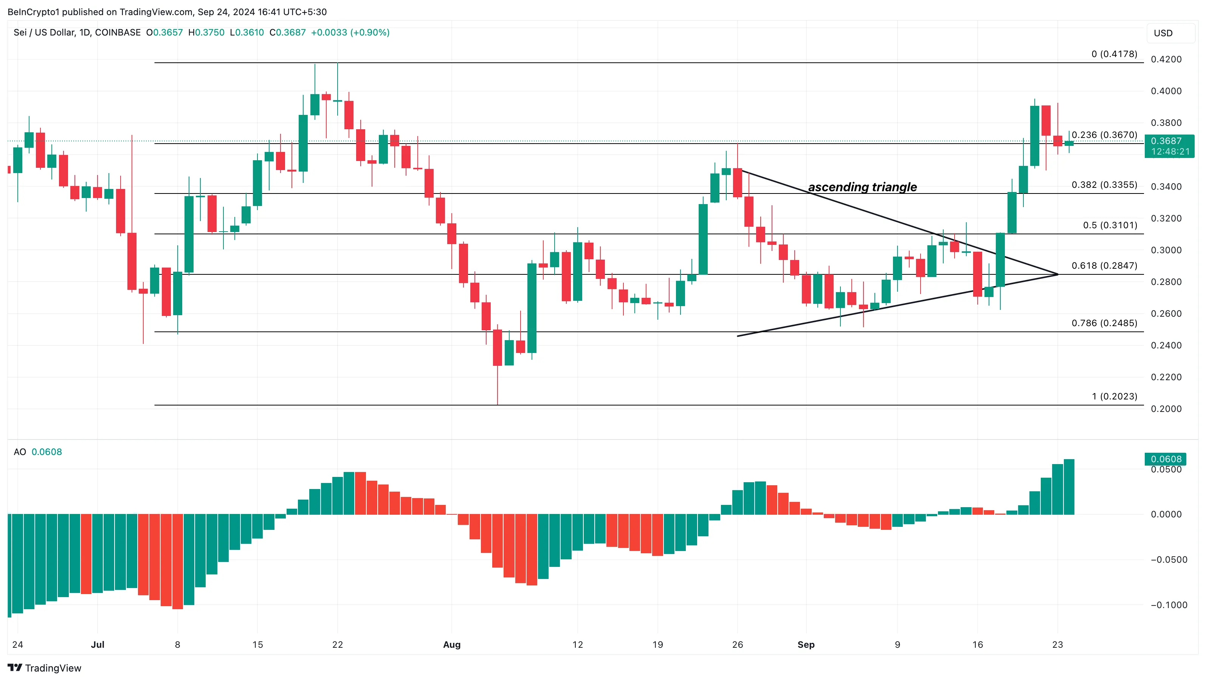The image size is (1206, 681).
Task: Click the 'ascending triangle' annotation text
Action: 862,187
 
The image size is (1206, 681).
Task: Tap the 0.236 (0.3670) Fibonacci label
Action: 1104,135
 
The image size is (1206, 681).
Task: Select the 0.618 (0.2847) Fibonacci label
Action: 1104,265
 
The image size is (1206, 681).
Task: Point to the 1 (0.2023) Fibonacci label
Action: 1114,396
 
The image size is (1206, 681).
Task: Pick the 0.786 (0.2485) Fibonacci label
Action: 1104,323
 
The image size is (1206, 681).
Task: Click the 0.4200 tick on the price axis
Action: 1166,59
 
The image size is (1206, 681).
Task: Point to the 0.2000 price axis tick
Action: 1166,409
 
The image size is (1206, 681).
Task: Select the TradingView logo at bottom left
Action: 45,668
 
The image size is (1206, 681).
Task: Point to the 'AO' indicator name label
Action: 20,452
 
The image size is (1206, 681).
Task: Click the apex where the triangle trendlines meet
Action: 1057,274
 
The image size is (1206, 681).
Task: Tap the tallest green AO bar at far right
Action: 1069,487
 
